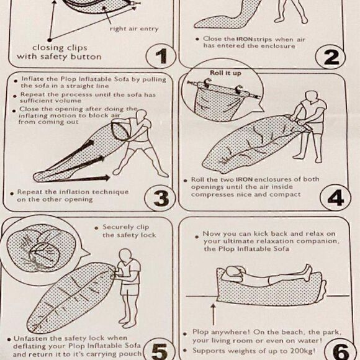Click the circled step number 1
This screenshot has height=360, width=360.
pyautogui.click(x=161, y=56)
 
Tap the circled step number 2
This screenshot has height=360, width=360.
pyautogui.click(x=331, y=57)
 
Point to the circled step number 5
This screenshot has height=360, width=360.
pyautogui.click(x=160, y=351)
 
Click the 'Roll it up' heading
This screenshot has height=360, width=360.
pyautogui.click(x=225, y=73)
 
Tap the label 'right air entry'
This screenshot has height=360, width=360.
pyautogui.click(x=134, y=29)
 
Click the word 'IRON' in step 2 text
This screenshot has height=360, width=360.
pyautogui.click(x=245, y=39)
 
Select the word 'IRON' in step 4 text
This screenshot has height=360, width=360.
pyautogui.click(x=245, y=179)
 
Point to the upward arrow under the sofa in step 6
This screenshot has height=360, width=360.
pyautogui.click(x=214, y=315)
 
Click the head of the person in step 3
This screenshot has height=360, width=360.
pyautogui.click(x=141, y=116)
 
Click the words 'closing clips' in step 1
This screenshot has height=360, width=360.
pyautogui.click(x=60, y=48)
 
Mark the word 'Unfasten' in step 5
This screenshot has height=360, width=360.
pyautogui.click(x=27, y=338)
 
